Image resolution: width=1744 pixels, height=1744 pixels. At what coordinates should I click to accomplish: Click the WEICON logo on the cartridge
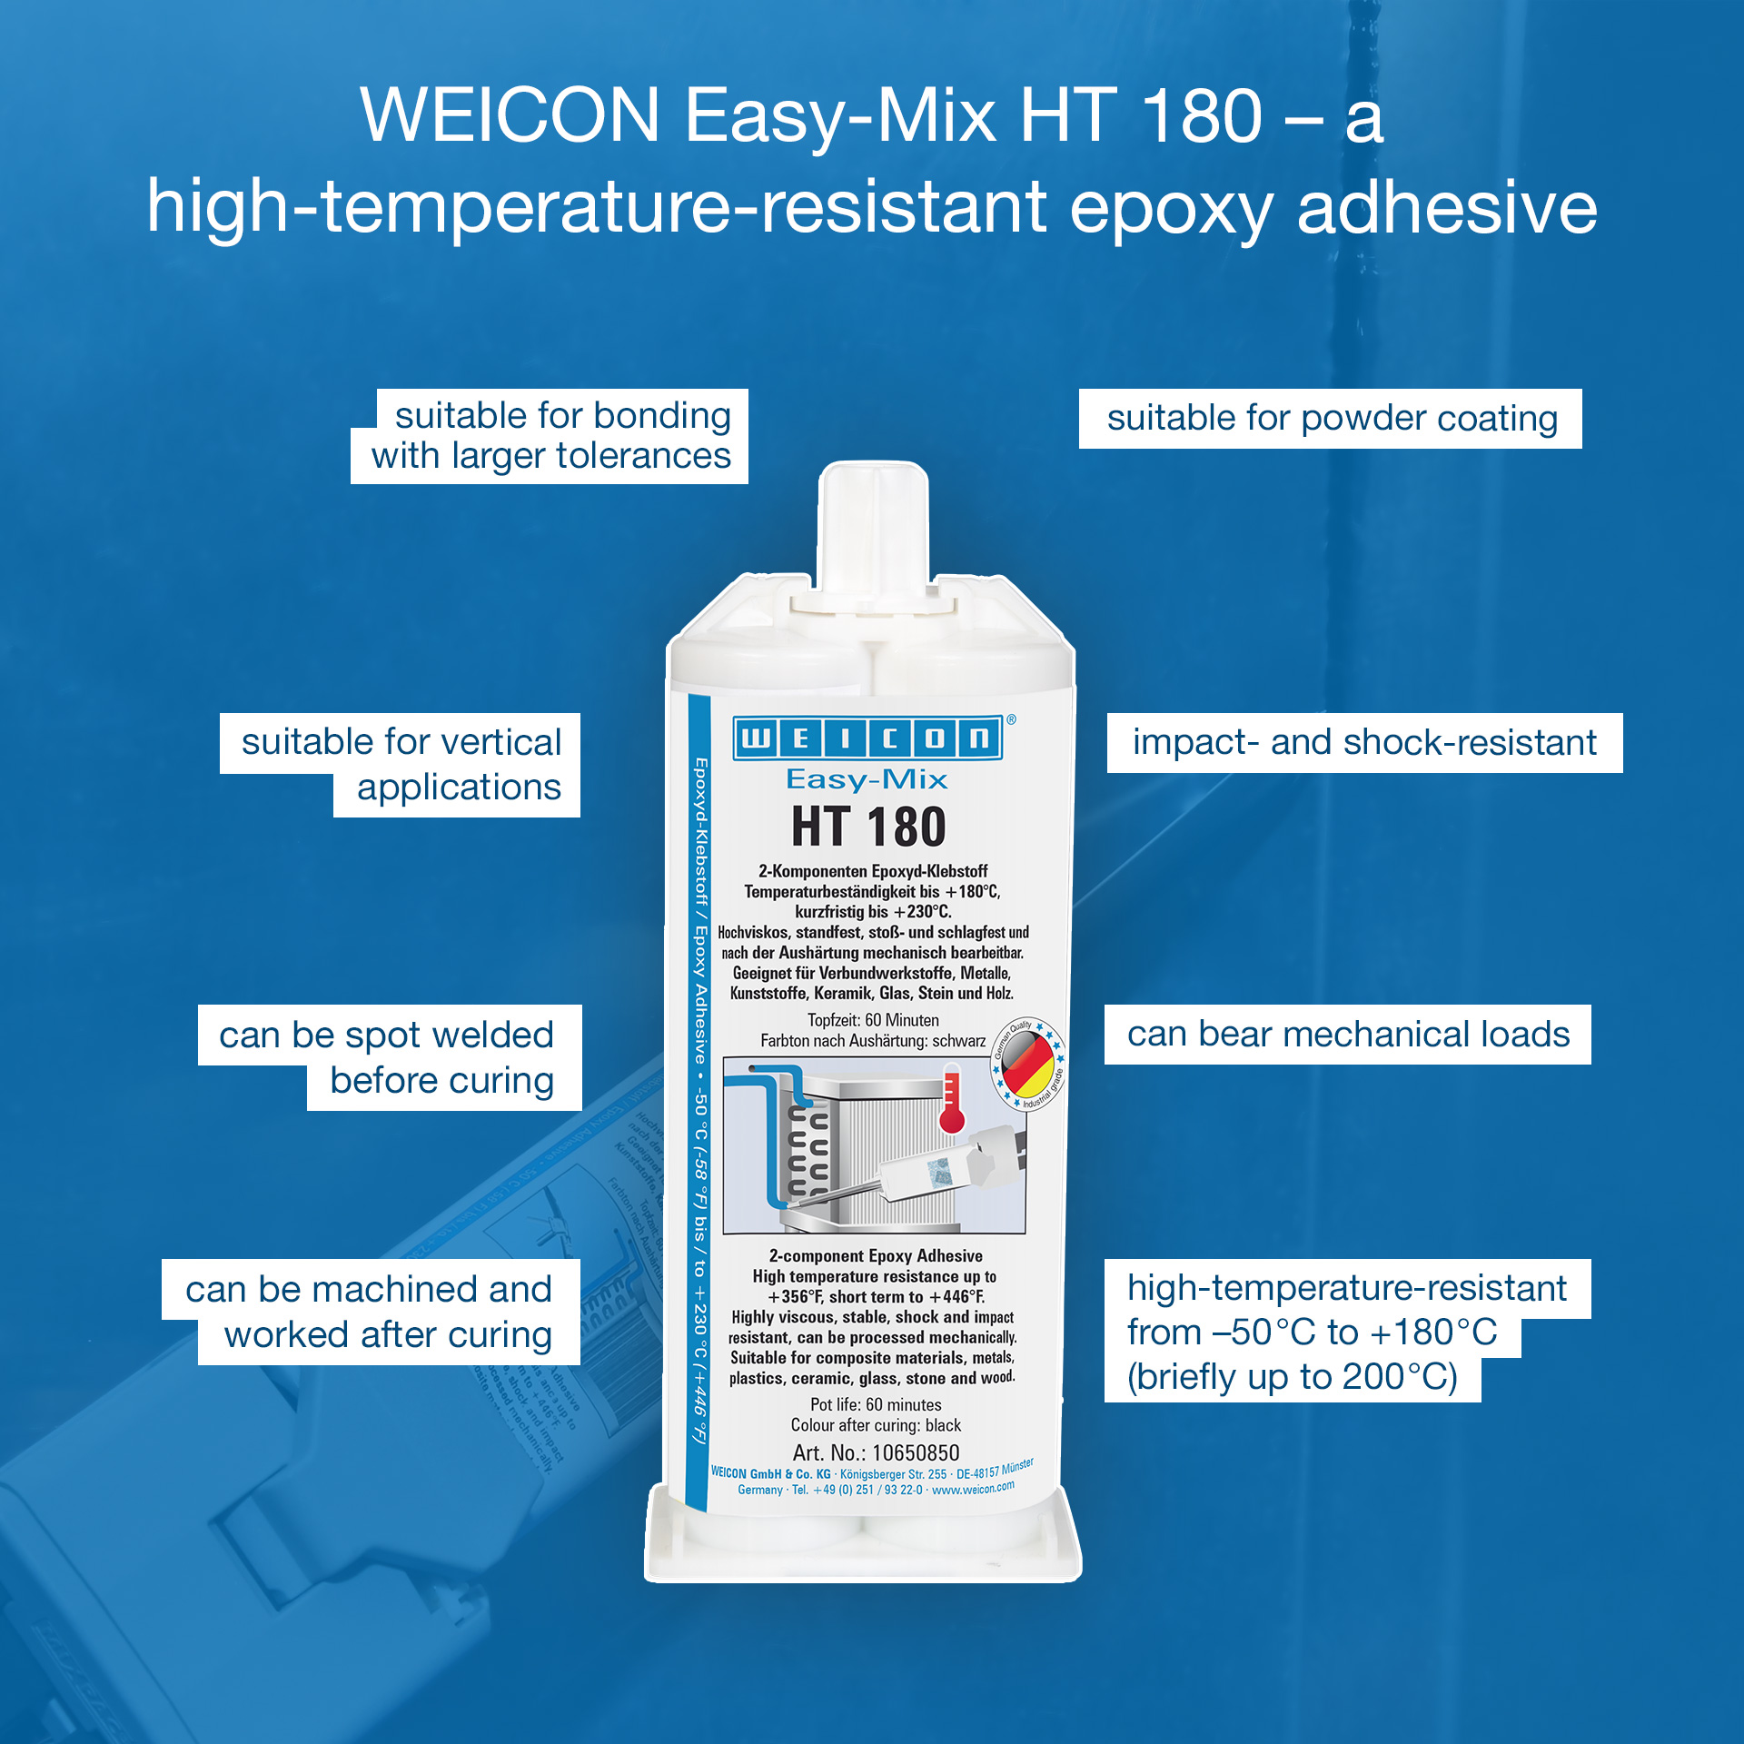867,738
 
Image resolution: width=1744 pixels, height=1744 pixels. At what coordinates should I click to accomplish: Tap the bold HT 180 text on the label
868,827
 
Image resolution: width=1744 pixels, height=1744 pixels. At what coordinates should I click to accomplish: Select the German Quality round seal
1028,1064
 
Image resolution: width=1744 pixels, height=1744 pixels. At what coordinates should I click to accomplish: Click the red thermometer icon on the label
951,1102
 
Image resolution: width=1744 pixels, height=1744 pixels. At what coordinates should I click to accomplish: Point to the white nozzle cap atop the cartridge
873,527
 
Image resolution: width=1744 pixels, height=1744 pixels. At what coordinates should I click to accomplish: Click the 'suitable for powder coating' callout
1331,419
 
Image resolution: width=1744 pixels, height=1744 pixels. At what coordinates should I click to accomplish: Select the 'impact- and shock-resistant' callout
1364,743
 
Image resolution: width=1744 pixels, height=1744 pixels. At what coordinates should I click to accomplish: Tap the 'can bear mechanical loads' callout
1348,1035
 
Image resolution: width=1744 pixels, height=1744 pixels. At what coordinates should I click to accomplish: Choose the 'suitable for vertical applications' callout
401,765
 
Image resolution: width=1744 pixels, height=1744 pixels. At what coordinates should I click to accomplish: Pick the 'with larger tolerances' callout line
550,456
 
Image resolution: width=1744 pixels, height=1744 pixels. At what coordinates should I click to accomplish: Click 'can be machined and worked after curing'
371,1312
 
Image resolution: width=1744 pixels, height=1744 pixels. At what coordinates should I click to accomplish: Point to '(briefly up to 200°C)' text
1292,1377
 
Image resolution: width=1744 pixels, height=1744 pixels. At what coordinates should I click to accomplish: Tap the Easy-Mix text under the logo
867,779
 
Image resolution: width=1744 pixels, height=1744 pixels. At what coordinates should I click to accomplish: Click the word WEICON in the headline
510,116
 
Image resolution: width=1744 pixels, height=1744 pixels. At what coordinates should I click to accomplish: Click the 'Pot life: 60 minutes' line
876,1404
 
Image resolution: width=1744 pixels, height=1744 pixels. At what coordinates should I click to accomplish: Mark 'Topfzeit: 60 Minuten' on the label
873,1020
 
